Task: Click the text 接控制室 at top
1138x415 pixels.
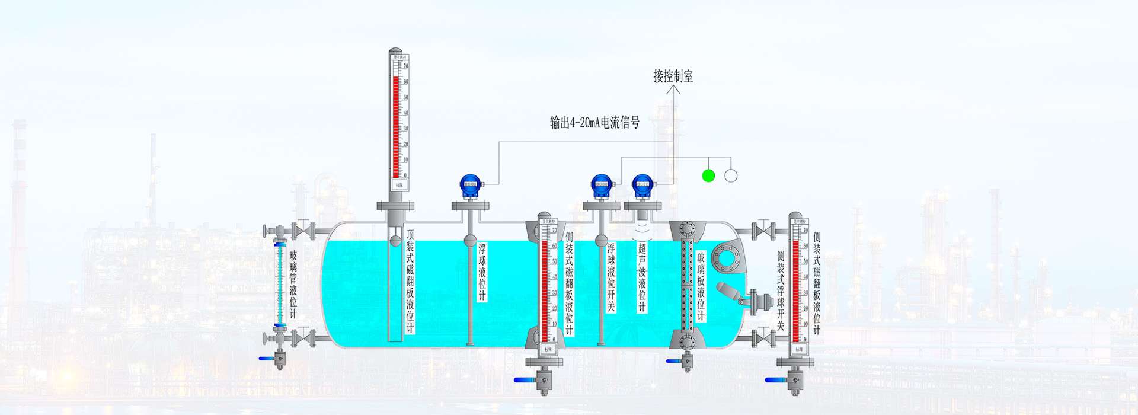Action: point(673,76)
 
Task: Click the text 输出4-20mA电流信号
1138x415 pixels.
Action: point(594,123)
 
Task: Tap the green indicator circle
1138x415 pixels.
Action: point(708,175)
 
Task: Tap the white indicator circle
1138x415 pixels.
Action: point(731,175)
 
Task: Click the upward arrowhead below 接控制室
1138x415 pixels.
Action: point(673,90)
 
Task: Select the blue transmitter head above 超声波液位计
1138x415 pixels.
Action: point(642,185)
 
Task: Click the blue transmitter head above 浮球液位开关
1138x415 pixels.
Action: point(600,185)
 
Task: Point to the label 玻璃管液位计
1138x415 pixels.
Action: point(293,283)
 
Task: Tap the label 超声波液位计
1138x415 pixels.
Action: point(642,276)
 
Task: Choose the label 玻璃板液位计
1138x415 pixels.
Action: point(701,285)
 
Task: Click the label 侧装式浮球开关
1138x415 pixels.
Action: point(781,290)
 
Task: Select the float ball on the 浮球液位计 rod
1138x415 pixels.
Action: point(469,240)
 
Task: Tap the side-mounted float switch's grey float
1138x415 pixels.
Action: point(727,291)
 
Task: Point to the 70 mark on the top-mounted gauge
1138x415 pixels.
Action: point(405,66)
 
